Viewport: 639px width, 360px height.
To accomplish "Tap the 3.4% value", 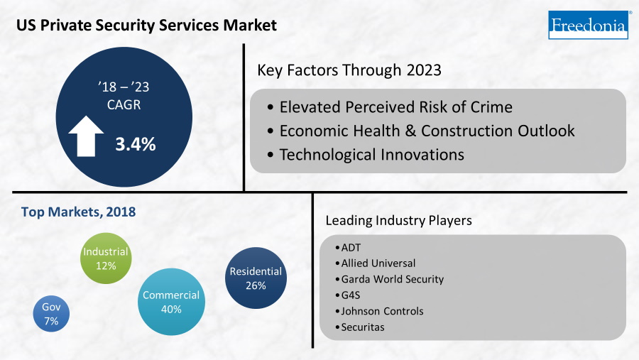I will coord(135,144).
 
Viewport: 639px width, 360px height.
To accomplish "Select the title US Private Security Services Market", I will coord(147,25).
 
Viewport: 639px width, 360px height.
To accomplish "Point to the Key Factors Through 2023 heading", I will coord(349,70).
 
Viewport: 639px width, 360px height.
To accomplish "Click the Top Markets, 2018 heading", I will coord(78,212).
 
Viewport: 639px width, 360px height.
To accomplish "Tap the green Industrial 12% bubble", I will coord(106,258).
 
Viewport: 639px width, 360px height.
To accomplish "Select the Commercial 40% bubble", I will coord(171,302).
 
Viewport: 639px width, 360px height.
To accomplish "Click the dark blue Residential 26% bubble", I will coord(256,278).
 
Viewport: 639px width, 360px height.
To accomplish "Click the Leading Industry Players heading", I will coord(398,221).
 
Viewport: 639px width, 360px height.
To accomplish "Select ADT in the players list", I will coord(351,248).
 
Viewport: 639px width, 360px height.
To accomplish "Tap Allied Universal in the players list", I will coord(378,263).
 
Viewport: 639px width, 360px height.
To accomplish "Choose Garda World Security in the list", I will coord(392,279).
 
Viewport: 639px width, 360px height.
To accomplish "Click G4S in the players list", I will coord(351,295).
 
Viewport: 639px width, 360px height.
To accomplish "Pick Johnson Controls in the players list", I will coord(382,311).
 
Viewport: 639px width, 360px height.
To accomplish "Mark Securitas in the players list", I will coord(363,327).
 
